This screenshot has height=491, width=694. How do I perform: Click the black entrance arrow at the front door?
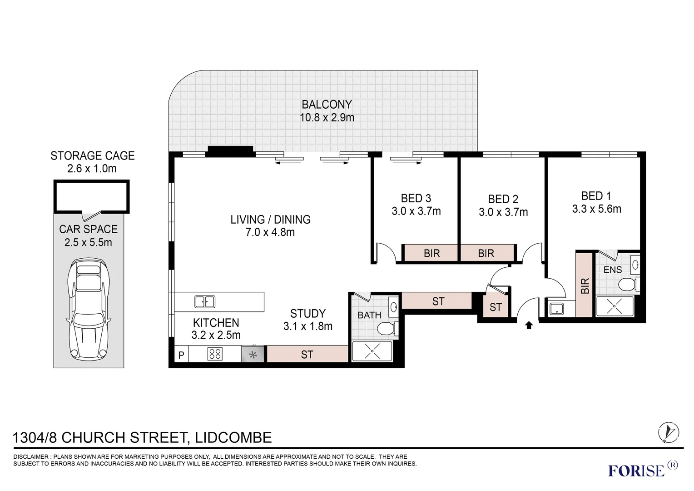(x=529, y=326)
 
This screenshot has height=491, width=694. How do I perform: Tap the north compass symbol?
(x=669, y=432)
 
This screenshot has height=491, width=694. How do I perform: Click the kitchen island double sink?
(x=205, y=301)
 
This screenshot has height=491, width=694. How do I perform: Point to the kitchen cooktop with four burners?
(x=215, y=354)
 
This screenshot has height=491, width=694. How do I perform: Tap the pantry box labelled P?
(x=181, y=355)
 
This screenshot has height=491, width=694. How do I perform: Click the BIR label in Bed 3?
(x=431, y=253)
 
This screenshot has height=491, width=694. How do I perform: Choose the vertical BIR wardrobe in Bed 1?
(x=585, y=284)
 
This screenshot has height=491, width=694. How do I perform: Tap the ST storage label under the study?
(x=307, y=354)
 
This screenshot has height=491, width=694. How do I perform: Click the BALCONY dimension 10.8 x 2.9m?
(x=327, y=118)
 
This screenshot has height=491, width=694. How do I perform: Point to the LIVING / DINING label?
(x=270, y=220)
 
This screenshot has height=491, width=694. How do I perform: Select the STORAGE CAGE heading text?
(x=92, y=155)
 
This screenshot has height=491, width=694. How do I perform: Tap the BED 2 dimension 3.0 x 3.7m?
(x=503, y=212)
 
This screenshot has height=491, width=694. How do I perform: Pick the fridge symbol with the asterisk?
(x=253, y=354)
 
